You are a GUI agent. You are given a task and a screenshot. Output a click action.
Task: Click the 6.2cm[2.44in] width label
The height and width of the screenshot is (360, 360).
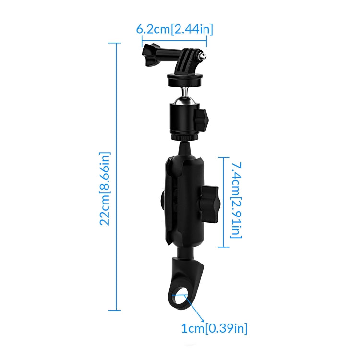pos(174,29)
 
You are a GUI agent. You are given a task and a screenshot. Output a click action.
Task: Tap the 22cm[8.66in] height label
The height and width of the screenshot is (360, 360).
pos(105,189)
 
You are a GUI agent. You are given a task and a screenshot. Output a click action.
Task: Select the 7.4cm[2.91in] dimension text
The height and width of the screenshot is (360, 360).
pos(236,200)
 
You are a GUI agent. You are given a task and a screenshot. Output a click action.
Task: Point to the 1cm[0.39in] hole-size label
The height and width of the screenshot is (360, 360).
pos(214,329)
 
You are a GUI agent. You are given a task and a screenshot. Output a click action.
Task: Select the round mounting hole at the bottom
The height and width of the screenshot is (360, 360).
pos(180,298)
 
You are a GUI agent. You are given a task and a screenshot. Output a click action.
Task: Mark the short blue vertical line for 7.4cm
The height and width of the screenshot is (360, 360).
pos(222,202)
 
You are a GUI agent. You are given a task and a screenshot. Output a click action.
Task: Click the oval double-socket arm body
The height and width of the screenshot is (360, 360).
pos(182,197)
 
